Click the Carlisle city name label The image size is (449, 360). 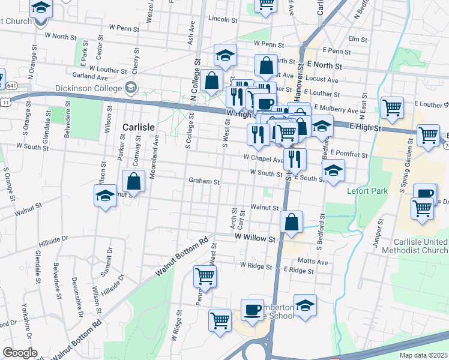click(x=139, y=127)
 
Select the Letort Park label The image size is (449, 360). click(x=368, y=191)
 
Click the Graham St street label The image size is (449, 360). click(x=205, y=181)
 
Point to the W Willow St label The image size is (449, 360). click(x=255, y=238)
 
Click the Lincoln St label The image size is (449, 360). click(x=223, y=19)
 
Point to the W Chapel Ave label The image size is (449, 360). click(x=262, y=159)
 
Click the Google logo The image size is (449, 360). click(x=20, y=353)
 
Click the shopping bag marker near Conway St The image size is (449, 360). click(x=134, y=181)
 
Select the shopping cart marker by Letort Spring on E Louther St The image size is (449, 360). click(x=392, y=109)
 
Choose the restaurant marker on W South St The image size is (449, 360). click(x=294, y=159)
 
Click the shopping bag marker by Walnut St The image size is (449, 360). click(x=291, y=222)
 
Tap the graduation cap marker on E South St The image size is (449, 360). click(x=333, y=171)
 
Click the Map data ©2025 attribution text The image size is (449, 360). click(x=423, y=355)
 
